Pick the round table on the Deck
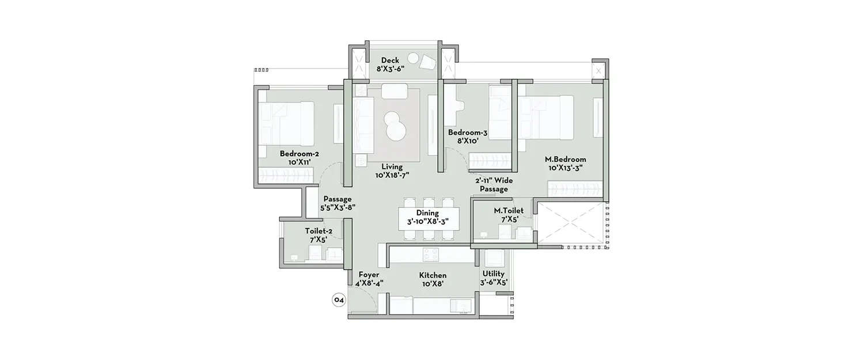(414, 58)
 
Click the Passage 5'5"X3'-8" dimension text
(337, 207)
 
